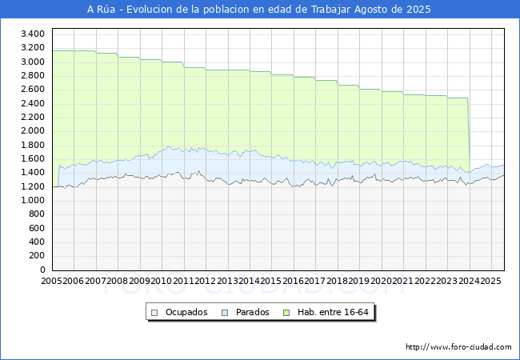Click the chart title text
[x=259, y=10]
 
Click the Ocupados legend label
[x=186, y=312]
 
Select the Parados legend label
[x=252, y=312]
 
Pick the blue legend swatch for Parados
[x=225, y=312]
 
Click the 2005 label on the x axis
[x=52, y=281]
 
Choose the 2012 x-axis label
[x=206, y=281]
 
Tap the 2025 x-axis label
[x=490, y=281]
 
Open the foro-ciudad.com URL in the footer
[x=458, y=347]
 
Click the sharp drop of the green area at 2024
[x=469, y=136]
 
